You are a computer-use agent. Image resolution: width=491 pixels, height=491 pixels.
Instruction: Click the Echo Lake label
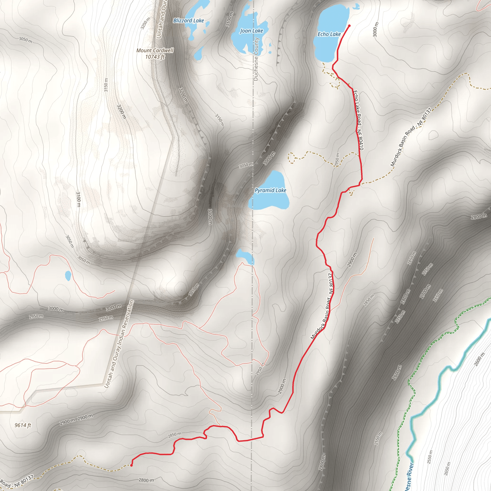click(329, 34)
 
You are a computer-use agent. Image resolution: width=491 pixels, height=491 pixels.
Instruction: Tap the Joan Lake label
click(251, 31)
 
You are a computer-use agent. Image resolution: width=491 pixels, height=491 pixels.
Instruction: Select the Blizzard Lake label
click(189, 21)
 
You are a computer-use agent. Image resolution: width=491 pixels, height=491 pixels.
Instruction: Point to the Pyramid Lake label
click(270, 190)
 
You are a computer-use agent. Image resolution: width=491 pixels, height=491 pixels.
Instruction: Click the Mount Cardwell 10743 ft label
click(155, 54)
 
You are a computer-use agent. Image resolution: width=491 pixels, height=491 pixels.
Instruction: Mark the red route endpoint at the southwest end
click(131, 465)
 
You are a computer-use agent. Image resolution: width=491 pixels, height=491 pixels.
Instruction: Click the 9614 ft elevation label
click(23, 425)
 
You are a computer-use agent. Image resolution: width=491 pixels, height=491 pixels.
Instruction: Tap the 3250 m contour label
click(146, 23)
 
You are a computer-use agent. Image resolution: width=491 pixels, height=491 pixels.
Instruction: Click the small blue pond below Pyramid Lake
click(244, 255)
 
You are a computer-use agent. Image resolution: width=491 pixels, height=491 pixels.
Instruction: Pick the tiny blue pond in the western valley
click(68, 275)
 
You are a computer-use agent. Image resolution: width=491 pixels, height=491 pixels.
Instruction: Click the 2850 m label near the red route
click(175, 435)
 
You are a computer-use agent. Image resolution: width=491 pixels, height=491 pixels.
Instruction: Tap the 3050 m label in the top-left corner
click(25, 40)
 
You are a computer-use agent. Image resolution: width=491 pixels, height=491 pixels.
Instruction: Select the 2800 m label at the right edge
click(479, 216)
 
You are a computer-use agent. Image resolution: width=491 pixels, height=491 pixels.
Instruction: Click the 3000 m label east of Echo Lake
click(376, 29)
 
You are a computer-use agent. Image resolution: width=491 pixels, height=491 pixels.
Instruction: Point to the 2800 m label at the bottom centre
click(146, 480)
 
